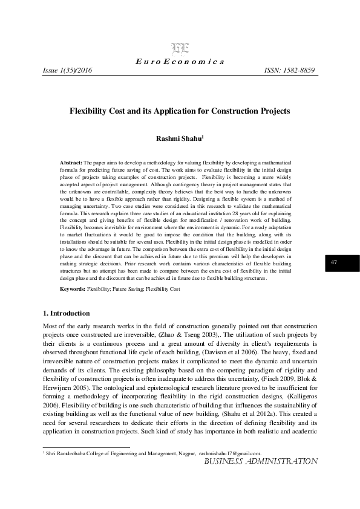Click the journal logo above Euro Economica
[x=179, y=50]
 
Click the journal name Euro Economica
[x=180, y=62]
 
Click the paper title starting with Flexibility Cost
[x=180, y=111]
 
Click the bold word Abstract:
[x=71, y=163]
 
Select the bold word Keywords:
[x=73, y=290]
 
